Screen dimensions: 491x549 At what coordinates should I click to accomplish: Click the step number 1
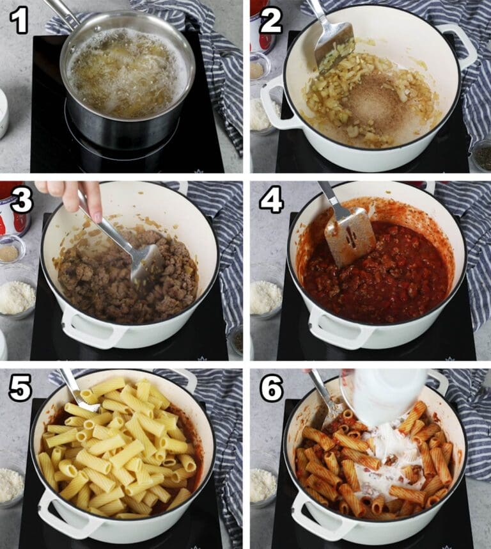(x=19, y=21)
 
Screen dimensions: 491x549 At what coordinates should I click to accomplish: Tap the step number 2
(x=270, y=21)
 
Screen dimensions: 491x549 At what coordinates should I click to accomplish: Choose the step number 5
(x=20, y=388)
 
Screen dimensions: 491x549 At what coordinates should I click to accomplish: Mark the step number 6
(x=271, y=388)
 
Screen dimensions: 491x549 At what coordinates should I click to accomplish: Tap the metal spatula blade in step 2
(x=333, y=46)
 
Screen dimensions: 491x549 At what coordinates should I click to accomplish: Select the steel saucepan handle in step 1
(x=61, y=14)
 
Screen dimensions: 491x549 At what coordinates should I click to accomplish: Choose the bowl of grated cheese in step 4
(x=265, y=298)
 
